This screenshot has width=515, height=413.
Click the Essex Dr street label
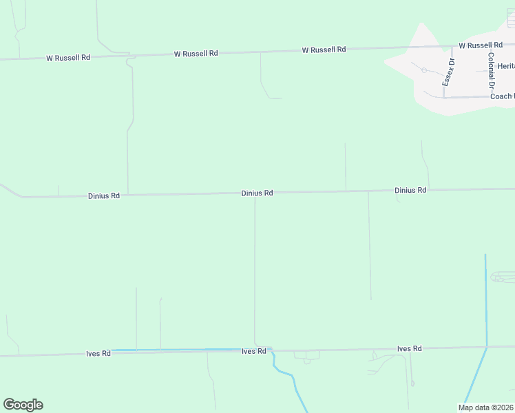point(448,72)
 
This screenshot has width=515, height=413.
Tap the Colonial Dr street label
point(491,71)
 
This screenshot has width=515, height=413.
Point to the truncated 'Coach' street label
point(502,96)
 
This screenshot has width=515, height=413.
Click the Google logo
point(23,405)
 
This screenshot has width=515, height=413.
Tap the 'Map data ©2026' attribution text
point(486,407)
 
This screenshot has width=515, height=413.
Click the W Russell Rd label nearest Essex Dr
point(481,45)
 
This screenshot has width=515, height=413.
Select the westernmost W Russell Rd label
point(68,58)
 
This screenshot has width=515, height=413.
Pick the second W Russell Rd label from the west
point(196,53)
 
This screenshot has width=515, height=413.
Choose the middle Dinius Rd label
point(257,193)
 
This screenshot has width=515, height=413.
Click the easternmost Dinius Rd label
point(410,190)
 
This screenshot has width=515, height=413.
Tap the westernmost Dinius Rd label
point(104,196)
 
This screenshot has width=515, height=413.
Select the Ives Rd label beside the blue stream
point(253,351)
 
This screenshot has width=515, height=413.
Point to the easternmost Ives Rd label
point(409,349)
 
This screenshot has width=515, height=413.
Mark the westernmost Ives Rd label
point(98,354)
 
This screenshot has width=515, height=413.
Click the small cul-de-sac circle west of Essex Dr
point(424,70)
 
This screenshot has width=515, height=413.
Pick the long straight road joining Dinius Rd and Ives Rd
point(255,275)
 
